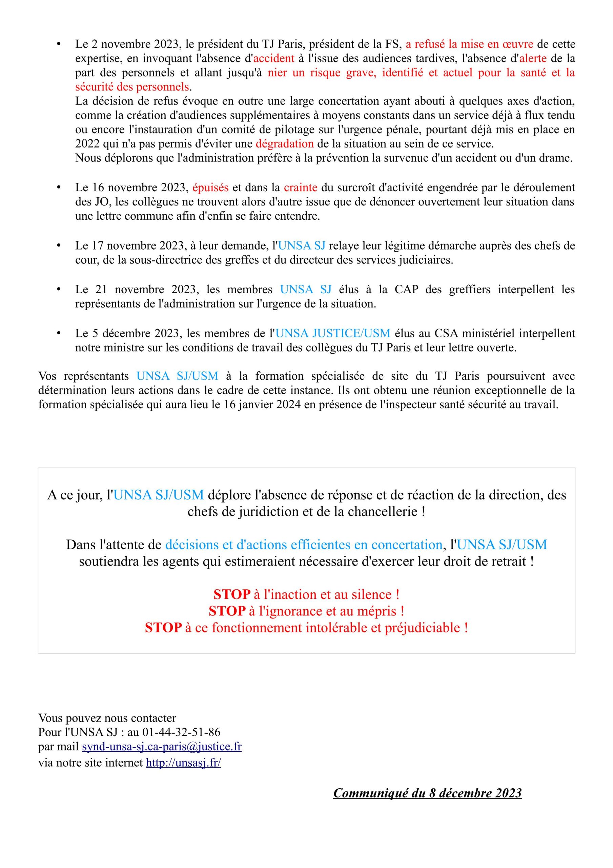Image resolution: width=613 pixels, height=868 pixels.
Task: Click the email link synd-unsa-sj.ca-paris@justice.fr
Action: click(161, 747)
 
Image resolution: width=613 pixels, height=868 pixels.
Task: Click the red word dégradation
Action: click(285, 144)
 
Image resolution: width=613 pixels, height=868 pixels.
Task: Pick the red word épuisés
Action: click(210, 188)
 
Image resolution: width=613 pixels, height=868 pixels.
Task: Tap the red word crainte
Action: click(301, 188)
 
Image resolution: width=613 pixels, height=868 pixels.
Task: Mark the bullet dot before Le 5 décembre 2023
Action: click(59, 333)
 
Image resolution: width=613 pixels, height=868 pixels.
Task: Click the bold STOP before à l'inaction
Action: click(232, 595)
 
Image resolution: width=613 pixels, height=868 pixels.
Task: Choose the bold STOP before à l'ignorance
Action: click(227, 611)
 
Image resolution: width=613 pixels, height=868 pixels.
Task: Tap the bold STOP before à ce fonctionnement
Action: click(163, 628)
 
